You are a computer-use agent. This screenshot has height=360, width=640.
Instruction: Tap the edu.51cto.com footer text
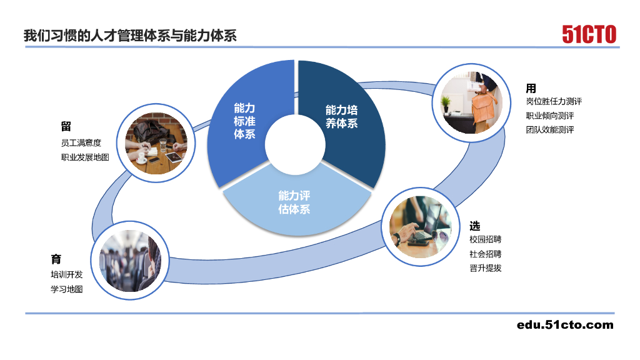(565, 324)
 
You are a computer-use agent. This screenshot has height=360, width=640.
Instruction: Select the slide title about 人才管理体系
(130, 35)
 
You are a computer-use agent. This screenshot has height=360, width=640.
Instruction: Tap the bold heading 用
(531, 88)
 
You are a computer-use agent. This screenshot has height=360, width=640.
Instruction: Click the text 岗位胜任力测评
(554, 101)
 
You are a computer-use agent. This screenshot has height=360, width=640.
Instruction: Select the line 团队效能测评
(550, 130)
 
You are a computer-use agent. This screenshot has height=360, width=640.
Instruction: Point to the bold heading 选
(475, 226)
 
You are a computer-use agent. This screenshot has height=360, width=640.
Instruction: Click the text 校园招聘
(485, 239)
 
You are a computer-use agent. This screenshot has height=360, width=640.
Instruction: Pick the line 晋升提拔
(485, 268)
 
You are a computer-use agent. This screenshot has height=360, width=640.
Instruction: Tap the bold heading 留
(66, 127)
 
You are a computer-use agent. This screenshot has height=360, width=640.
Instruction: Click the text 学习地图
(66, 289)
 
